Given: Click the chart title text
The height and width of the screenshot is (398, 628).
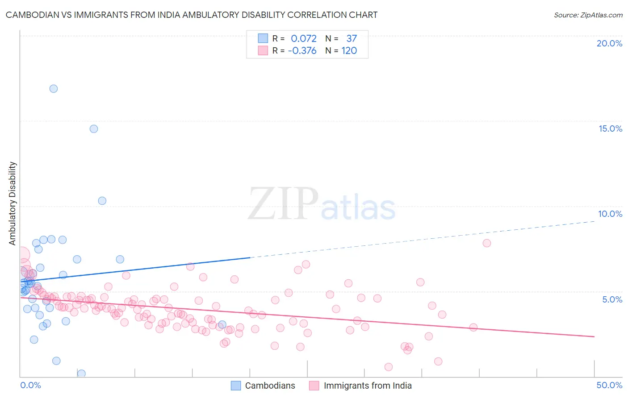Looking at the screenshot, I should tap(192, 15).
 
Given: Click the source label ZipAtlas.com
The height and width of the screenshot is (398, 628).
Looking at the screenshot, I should tap(588, 15).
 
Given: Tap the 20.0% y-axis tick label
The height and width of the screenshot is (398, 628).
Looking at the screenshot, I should tap(609, 43).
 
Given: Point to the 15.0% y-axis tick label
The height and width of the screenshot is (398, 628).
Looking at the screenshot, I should tap(610, 129).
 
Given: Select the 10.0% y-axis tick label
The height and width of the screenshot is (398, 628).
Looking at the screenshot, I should tap(610, 214).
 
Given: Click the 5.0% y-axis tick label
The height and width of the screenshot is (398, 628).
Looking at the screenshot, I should tap(612, 299).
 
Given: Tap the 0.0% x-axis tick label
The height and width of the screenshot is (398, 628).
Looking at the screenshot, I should tap(30, 385).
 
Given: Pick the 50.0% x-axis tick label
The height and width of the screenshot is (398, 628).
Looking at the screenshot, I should tap(609, 385).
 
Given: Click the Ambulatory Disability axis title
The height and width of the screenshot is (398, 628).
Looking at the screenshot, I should tap(13, 203).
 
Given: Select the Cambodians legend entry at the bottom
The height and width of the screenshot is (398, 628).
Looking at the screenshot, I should tap(270, 386).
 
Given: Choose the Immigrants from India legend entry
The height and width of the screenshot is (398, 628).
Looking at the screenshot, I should tap(367, 386).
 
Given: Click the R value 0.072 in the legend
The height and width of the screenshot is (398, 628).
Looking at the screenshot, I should tap(304, 39).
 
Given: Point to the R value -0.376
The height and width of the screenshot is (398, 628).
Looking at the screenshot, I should tap(302, 51).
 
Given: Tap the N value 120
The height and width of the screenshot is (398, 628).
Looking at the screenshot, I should tap(349, 51).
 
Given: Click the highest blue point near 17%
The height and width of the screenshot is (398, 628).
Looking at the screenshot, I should tap(54, 88).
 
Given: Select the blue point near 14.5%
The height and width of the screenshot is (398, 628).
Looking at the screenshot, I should tap(94, 129).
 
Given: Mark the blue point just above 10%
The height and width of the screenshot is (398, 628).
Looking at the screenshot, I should tap(102, 201).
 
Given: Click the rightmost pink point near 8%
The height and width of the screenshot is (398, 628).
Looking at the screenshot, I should tap(487, 243).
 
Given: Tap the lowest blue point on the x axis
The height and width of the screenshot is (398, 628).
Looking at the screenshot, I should tap(81, 373).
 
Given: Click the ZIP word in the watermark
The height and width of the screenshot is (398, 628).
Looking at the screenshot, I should tap(283, 204).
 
